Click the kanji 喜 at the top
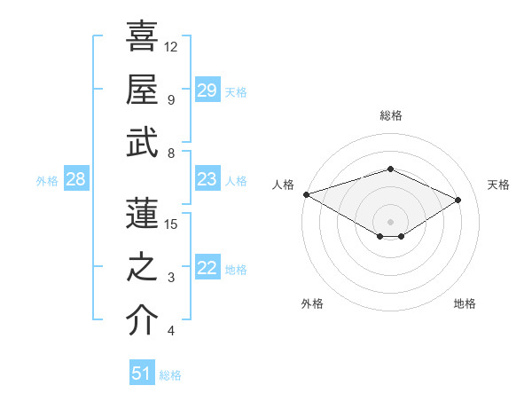142,36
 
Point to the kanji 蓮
142,214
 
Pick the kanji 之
142,267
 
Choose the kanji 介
142,320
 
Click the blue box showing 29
207,90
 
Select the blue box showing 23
207,179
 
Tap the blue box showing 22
207,268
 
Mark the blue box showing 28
75,179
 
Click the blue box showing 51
141,374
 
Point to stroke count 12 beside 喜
171,46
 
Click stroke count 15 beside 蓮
171,224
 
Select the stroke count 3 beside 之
171,278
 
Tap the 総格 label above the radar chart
390,115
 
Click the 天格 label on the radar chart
498,185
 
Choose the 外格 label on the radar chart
311,303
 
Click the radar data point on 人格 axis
306,194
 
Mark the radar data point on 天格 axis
458,200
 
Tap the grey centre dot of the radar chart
390,221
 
